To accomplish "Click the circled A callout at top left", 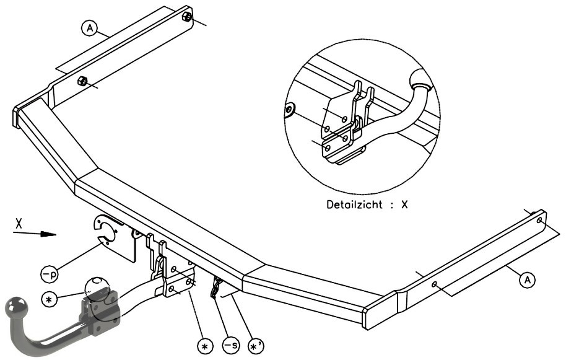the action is pos(90,28).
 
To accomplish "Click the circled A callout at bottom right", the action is pos(528,279).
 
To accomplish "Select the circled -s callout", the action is pos(230,345).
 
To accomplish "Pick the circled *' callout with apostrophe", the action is pos(256,346).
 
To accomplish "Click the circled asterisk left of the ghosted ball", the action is pos(50,299).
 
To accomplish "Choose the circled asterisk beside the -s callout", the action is pos(205,346).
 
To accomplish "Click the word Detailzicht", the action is pos(354,204).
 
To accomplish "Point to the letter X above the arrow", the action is pos(19,224).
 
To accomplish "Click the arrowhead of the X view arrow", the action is pos(48,234).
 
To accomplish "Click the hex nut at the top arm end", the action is pos(188,16).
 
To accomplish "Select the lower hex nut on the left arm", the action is pos(82,81).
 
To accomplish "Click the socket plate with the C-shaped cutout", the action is pos(115,237).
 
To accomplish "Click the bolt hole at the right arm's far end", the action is pos(539,220).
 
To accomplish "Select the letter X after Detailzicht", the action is pos(404,204).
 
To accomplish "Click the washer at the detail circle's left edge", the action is pos(289,110).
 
